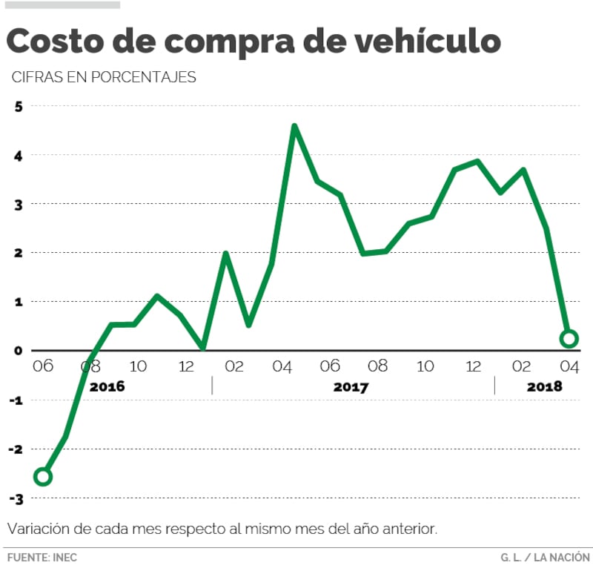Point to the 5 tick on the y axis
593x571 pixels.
coord(19,106)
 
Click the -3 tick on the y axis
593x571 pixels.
coord(16,498)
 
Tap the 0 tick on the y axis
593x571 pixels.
coord(19,350)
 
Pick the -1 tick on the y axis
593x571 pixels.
coord(16,400)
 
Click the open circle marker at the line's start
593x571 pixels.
coord(42,476)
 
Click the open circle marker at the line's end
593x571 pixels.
coord(569,339)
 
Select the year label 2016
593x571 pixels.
coord(107,387)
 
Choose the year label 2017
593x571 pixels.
coord(351,387)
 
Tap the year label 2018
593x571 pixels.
coord(544,387)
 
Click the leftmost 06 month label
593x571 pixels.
coord(42,366)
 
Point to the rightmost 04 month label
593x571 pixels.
coord(568,366)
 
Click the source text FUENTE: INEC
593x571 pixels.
coord(42,557)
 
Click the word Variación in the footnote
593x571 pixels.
coord(37,529)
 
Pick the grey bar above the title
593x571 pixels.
coord(63,4)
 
